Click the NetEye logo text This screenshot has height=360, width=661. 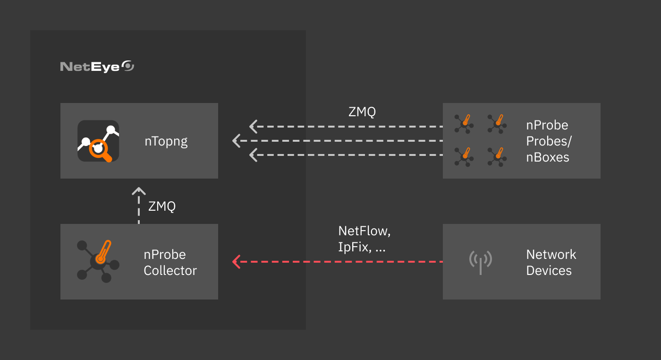coord(90,67)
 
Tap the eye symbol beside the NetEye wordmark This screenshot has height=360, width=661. coord(128,66)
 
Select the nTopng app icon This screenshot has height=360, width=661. coord(98,141)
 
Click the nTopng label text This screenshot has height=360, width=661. coord(166,141)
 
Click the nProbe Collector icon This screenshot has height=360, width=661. coord(98,262)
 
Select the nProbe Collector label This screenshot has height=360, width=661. coord(170,262)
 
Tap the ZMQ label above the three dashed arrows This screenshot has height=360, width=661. coord(362,112)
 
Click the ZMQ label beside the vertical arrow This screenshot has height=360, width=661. coord(162,206)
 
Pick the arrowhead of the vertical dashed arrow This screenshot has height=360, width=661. coord(138,191)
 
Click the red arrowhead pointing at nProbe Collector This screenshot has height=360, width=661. coord(237,262)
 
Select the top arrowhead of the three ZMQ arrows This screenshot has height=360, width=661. coord(254,127)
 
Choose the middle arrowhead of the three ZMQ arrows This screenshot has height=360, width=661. coord(237,141)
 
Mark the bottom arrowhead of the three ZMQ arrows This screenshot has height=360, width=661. coord(254,155)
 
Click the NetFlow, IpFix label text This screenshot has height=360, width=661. coord(364,239)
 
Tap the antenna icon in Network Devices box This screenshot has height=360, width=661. coord(481,262)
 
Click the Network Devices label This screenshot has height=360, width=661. coord(551,262)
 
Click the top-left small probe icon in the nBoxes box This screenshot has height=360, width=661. coord(464,123)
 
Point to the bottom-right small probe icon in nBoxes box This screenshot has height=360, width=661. coord(497,156)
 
